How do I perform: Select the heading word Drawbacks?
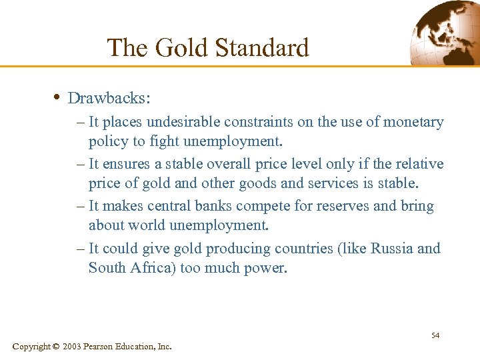click(x=109, y=99)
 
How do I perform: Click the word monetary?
click(x=413, y=122)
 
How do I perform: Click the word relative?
click(x=414, y=164)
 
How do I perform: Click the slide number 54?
click(x=435, y=335)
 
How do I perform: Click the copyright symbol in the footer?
click(x=55, y=347)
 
